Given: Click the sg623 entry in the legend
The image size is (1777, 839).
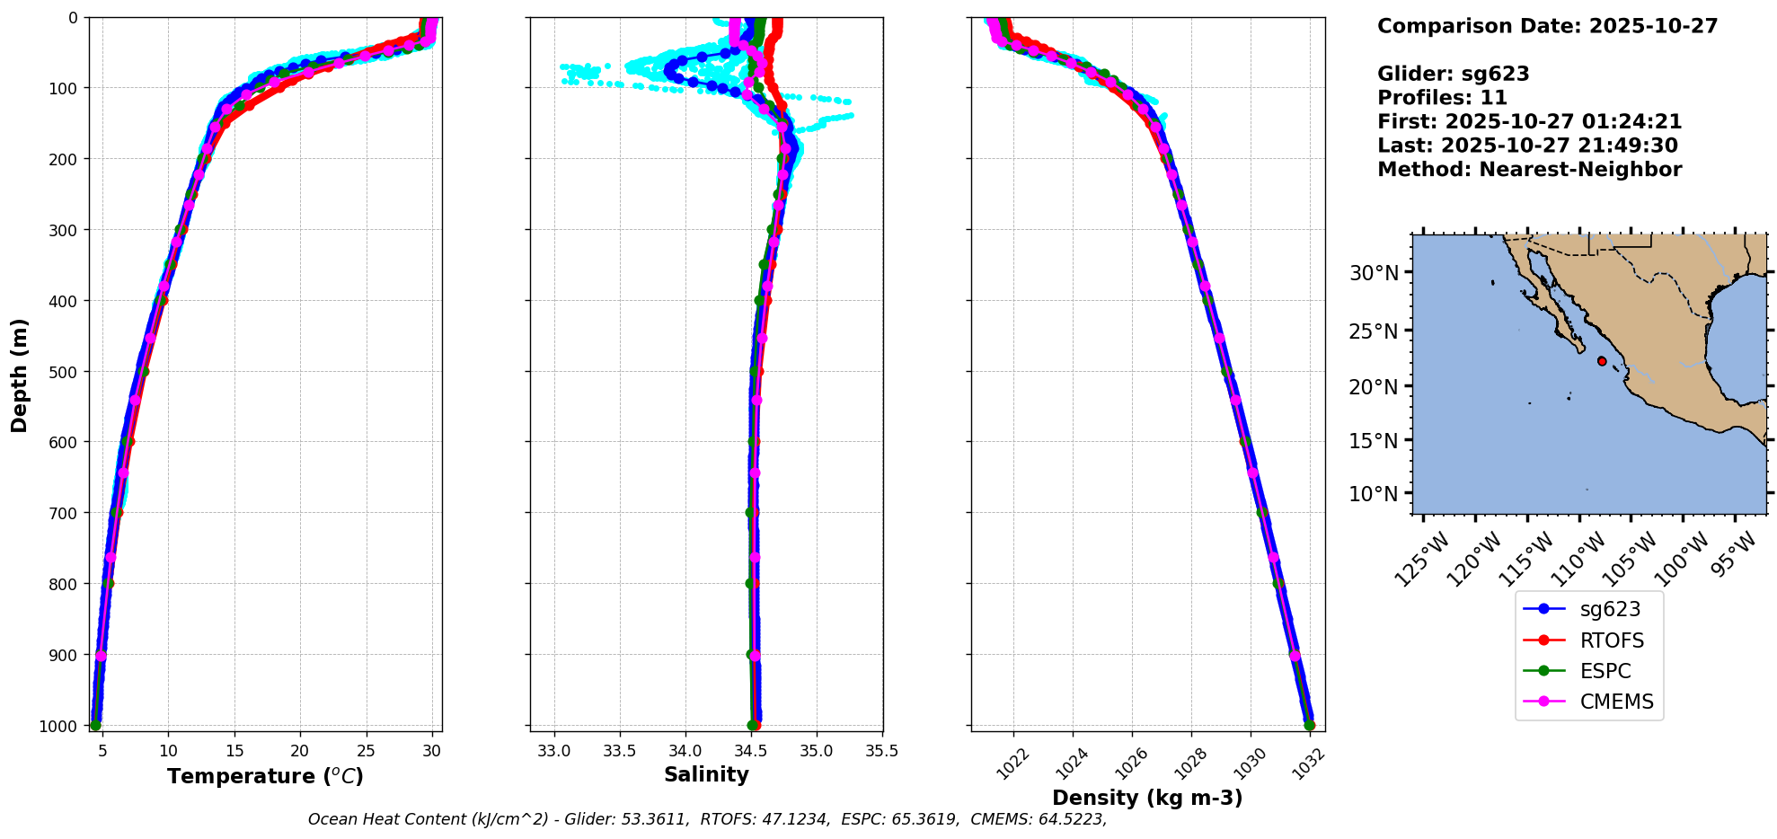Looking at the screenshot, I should (1609, 609).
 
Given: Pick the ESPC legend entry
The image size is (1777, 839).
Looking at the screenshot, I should (1605, 671).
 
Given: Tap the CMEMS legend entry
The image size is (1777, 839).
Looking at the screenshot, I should (1615, 702).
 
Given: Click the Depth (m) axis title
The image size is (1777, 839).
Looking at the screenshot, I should (20, 375).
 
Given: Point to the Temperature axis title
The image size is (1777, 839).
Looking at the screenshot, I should (265, 776).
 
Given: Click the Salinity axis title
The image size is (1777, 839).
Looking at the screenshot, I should (706, 775).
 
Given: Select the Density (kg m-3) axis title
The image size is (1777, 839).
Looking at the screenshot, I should (1147, 798).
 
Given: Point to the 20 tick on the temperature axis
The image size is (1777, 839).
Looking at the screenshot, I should (300, 751).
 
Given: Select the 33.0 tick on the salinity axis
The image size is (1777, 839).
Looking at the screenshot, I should (554, 751).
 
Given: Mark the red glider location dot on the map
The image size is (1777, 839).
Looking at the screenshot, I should (1602, 361).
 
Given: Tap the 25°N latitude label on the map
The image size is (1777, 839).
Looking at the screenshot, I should (1375, 331).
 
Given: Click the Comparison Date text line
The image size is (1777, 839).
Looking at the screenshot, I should (1547, 26).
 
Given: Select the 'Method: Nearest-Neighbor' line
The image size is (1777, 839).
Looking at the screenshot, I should (1529, 170).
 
